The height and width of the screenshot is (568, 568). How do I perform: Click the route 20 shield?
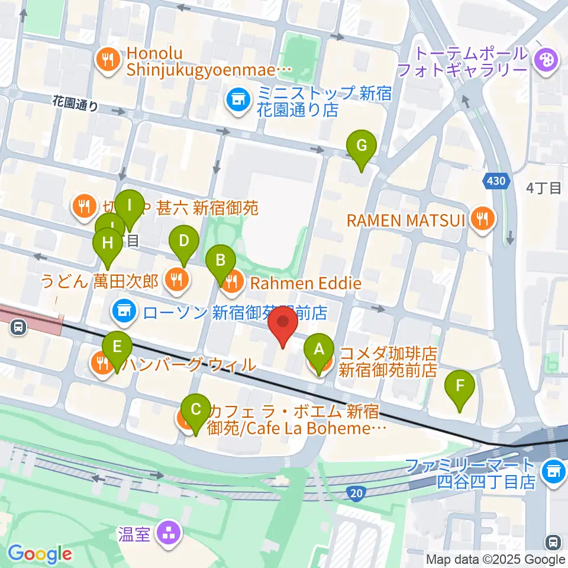[x=356, y=492]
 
